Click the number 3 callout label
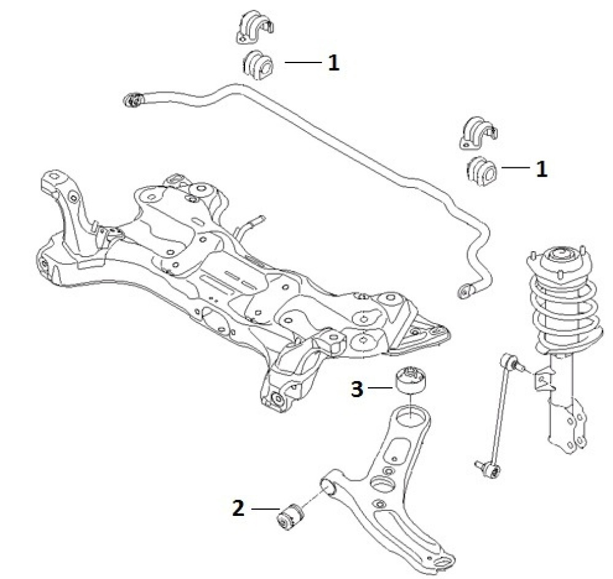[x=357, y=388]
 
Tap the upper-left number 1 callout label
[x=333, y=63]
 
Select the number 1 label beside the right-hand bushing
[x=541, y=168]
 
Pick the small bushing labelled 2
[x=290, y=515]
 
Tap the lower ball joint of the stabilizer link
[x=487, y=469]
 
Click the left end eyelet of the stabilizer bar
[x=132, y=99]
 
